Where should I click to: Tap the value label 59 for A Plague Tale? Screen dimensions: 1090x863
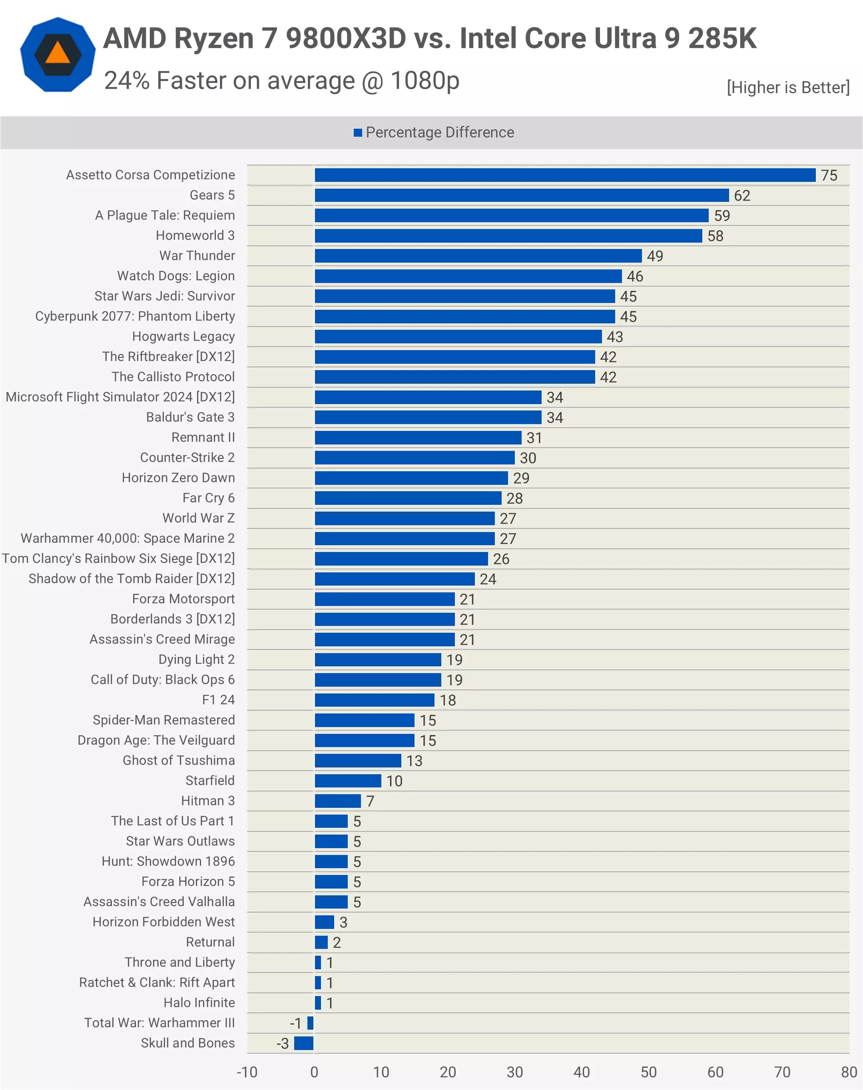tap(721, 216)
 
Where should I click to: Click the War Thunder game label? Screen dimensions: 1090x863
tap(197, 256)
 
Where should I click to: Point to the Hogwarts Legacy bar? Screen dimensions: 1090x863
tap(458, 337)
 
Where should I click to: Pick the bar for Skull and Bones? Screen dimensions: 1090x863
tap(304, 1043)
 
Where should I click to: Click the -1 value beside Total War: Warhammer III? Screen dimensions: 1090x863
tap(295, 1023)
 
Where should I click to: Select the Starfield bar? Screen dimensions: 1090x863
tap(348, 781)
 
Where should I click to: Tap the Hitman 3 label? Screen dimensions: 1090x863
tap(208, 801)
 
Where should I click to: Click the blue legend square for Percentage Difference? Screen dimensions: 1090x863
tap(358, 132)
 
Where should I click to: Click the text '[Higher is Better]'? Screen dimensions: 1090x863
tap(788, 88)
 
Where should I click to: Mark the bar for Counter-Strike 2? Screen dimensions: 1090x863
tap(415, 458)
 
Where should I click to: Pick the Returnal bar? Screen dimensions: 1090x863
tap(321, 943)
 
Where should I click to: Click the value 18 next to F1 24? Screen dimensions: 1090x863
tap(448, 700)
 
